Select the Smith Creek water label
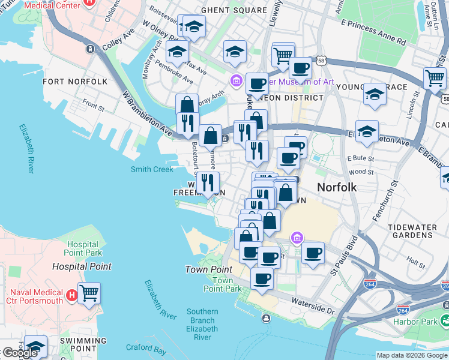(152, 169)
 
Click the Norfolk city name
(337, 187)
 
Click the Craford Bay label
(146, 347)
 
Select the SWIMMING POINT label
(83, 344)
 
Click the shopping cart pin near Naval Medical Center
(89, 293)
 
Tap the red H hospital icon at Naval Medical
(71, 295)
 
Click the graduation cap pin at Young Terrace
(375, 95)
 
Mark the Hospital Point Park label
(82, 248)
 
